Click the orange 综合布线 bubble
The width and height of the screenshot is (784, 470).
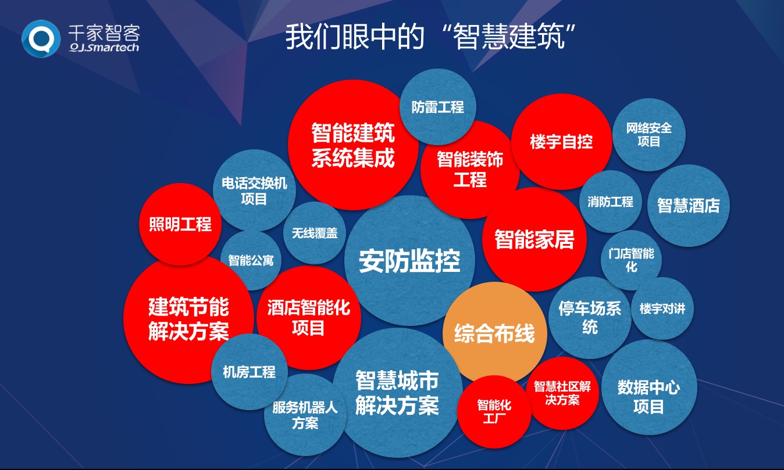point(494,333)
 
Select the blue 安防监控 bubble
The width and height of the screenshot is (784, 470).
point(409,261)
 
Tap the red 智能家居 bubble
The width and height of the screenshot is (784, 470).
point(534,239)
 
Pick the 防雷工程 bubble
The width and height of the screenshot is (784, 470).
point(437,107)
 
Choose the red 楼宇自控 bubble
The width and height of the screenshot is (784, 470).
point(561,142)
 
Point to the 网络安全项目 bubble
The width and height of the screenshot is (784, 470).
point(648,134)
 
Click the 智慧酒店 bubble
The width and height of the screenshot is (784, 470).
point(689,205)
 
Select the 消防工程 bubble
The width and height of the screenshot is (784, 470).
point(610,202)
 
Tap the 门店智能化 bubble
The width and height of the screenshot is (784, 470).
point(631,260)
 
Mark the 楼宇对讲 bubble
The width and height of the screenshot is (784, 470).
point(662,308)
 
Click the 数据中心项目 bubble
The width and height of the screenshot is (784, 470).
point(648,396)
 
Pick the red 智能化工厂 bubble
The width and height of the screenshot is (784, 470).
point(494,411)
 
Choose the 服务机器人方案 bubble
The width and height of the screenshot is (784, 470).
point(305,415)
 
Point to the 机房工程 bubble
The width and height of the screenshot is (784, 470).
point(250,372)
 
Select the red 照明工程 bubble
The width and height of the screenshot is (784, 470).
point(180,224)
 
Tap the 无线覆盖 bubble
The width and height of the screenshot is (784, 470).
point(315,233)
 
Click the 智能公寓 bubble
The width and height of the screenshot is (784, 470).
point(251,260)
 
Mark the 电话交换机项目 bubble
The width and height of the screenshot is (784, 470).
point(254,191)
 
